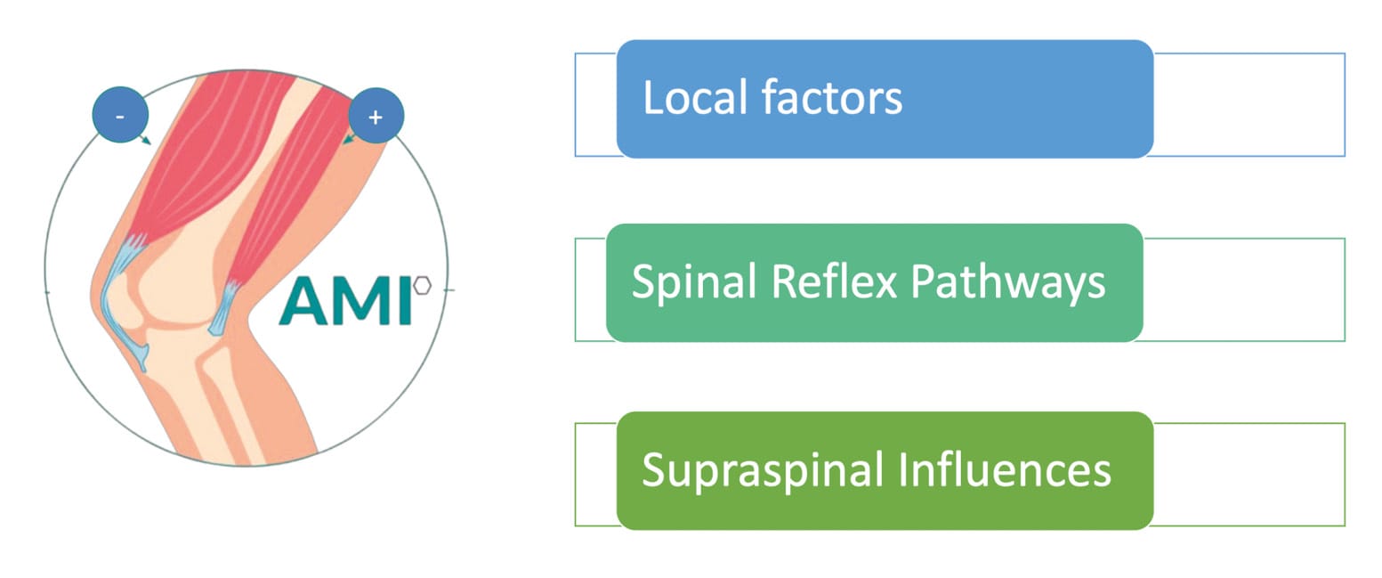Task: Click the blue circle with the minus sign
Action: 120,115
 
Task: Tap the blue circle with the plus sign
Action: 376,116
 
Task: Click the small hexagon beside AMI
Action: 423,285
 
